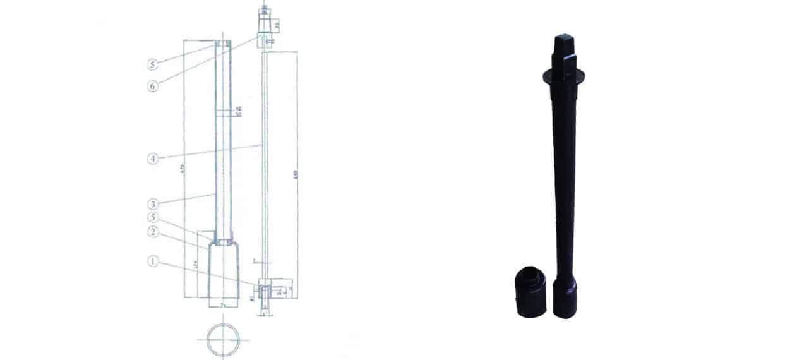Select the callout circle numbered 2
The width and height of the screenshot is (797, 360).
click(152, 232)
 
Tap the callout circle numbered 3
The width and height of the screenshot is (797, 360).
click(152, 204)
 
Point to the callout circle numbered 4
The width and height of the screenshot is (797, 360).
click(152, 159)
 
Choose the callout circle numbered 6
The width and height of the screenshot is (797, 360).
click(152, 86)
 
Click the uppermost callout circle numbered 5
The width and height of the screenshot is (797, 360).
click(152, 64)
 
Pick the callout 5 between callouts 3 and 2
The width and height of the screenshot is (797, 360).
click(152, 218)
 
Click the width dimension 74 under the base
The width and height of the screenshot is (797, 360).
click(223, 304)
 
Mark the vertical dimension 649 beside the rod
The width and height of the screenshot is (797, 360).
click(295, 174)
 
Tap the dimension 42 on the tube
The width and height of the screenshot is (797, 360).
click(238, 109)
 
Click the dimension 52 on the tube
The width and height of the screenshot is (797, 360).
click(238, 115)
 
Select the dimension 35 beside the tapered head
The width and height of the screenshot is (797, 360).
click(276, 25)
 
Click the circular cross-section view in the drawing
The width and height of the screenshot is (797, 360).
click(223, 340)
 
